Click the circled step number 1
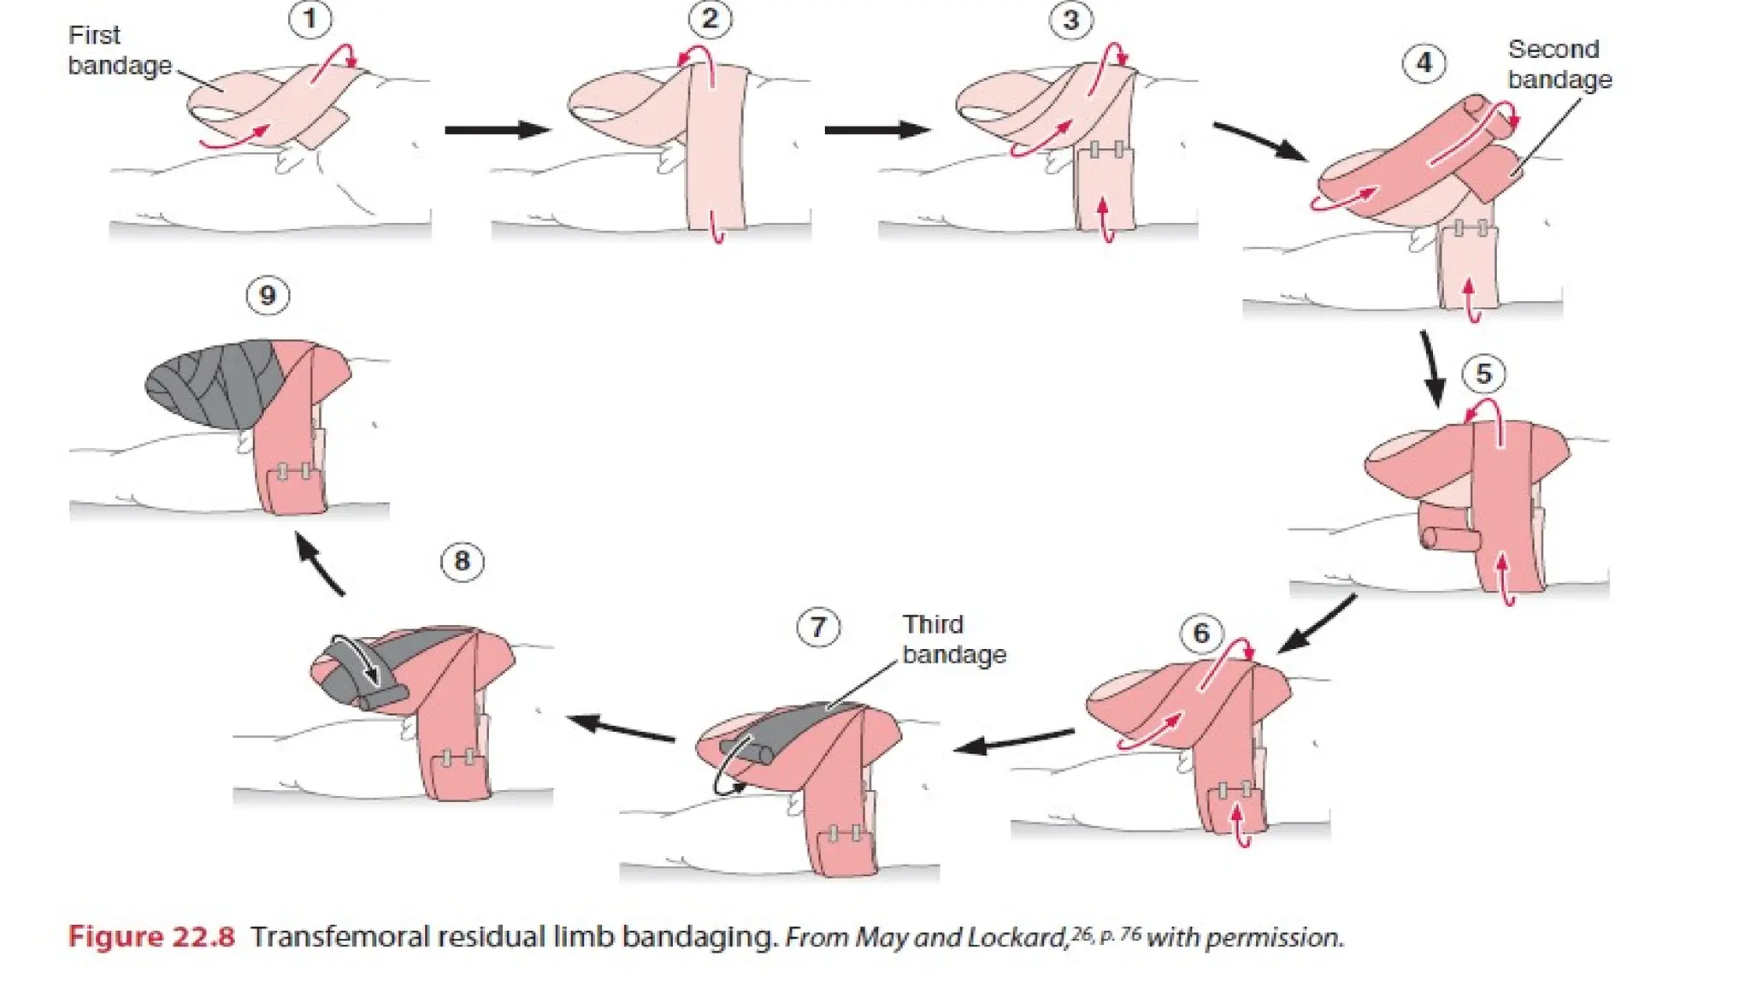point(310,19)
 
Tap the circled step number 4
point(1424,62)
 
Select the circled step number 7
point(818,628)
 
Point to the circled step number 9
point(268,296)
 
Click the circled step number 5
point(1483,374)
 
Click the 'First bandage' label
point(119,50)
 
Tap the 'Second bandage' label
point(1559,64)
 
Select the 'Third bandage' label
point(953,639)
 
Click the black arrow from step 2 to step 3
point(877,130)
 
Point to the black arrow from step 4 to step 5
point(1432,369)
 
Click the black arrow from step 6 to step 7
point(1014,740)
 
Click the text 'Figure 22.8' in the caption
point(151,937)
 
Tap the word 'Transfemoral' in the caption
point(340,937)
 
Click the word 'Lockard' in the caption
point(1017,938)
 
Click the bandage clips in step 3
point(1105,150)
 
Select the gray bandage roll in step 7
point(747,752)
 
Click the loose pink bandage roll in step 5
point(1448,538)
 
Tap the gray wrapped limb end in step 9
point(209,383)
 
